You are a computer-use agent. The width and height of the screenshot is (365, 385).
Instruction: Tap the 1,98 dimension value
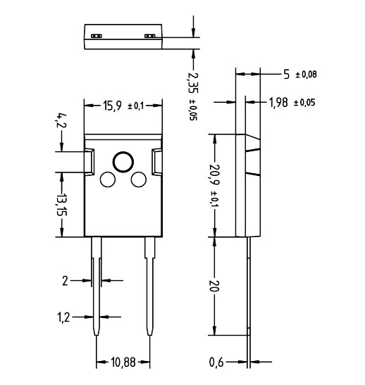click(279, 103)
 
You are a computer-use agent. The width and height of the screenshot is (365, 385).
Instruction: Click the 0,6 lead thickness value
click(217, 362)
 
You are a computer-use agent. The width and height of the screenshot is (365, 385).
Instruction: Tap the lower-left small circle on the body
click(108, 180)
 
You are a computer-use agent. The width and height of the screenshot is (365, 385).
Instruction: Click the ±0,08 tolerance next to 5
click(305, 74)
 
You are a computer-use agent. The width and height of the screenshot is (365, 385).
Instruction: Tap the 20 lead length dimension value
click(216, 286)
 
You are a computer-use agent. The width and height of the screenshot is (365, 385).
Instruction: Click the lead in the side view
click(249, 296)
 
